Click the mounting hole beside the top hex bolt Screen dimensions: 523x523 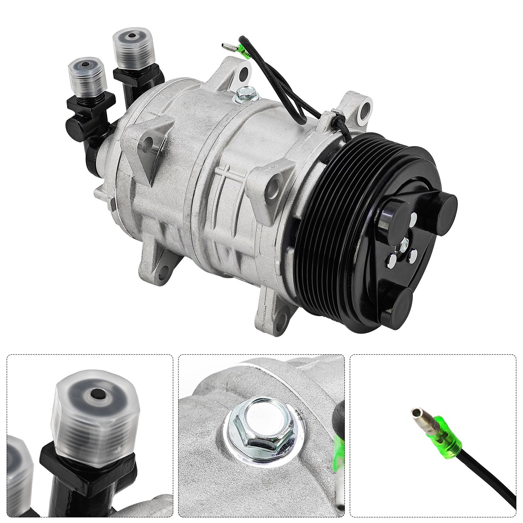(244, 73)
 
